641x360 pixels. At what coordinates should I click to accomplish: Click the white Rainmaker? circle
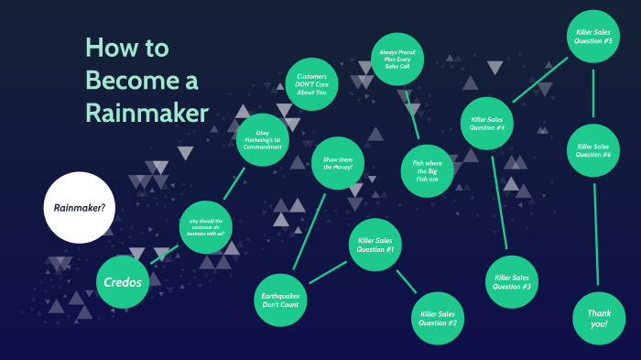tap(78, 207)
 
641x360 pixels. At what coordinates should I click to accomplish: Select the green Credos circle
tap(123, 281)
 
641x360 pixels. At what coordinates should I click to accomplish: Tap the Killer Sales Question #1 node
tap(376, 245)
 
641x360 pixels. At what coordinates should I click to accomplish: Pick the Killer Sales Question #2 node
tap(438, 318)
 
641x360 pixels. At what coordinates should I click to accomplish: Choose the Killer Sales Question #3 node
tap(512, 282)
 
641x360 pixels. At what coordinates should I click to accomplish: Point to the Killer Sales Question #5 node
tap(593, 38)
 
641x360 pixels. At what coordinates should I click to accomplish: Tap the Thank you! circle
tap(599, 318)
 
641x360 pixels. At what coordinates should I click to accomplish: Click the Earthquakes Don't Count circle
tap(281, 298)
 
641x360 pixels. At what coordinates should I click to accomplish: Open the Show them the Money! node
tap(338, 164)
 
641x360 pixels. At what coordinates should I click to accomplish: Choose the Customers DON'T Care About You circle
tap(312, 84)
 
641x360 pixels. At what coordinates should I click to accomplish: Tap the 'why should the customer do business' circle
tap(207, 226)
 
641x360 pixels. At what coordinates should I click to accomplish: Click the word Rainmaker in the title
tap(147, 113)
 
